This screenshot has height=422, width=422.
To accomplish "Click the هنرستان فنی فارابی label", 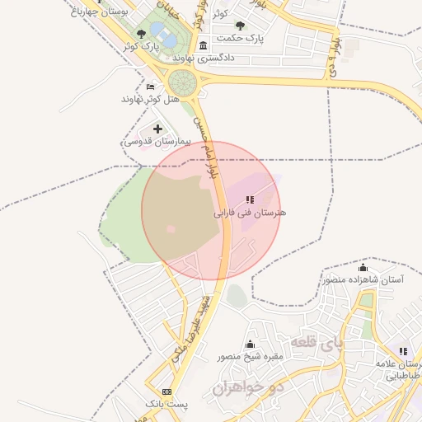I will (251, 213).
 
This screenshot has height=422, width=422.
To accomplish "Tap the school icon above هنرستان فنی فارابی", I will (250, 199).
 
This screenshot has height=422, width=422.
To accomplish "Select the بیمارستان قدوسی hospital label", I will (157, 142).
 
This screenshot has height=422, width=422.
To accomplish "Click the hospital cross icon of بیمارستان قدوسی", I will (157, 129).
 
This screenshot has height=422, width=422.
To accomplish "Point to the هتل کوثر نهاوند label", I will (149, 99).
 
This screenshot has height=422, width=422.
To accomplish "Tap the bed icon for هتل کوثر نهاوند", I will (149, 87).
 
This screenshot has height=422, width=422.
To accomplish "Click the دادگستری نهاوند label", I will (204, 58).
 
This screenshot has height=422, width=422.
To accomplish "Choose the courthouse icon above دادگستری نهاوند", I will (204, 45).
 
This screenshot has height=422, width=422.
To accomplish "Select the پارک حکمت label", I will (240, 38).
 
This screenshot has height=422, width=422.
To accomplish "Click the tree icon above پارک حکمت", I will (240, 26).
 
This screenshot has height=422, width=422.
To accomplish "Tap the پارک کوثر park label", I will (140, 47).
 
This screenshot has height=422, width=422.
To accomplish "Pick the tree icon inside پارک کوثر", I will (142, 34).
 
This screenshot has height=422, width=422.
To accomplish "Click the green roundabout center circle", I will (182, 82).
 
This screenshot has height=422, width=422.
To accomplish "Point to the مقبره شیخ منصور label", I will (250, 357).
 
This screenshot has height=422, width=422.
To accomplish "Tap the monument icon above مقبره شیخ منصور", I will (251, 344).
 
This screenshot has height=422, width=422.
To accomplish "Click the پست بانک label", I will (167, 405).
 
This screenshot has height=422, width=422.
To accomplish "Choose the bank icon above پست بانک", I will (167, 392).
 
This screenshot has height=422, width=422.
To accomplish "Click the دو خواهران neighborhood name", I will (247, 386).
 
